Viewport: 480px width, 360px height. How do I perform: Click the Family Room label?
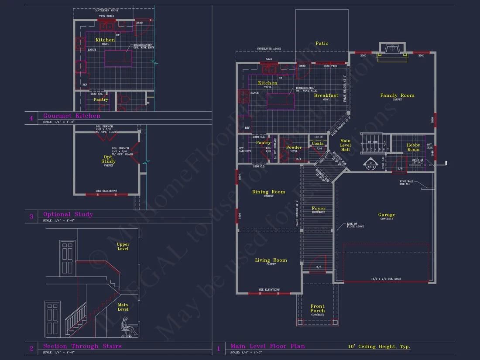point(397,96)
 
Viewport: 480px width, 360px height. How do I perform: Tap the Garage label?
point(387,215)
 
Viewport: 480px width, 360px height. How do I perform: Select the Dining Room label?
point(269,192)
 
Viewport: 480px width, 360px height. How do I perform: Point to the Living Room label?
point(271,261)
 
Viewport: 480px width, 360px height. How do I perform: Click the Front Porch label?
point(317,309)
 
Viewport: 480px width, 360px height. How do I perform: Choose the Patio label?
point(322,44)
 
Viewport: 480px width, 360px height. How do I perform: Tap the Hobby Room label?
point(413,147)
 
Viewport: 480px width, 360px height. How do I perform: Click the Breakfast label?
point(326,96)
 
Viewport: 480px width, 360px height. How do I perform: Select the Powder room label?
point(294,147)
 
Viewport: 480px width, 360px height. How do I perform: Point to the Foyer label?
point(319,209)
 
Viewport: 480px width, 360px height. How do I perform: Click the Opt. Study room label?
point(108,159)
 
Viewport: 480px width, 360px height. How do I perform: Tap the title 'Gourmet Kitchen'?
point(72,116)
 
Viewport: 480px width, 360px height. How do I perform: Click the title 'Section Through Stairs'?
point(82,346)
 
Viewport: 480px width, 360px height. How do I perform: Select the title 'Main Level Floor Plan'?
point(267,346)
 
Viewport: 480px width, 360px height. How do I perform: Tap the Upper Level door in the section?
point(68,257)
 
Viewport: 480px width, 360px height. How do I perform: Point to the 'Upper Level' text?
point(123,247)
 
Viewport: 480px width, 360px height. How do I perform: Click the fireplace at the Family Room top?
point(392,51)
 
